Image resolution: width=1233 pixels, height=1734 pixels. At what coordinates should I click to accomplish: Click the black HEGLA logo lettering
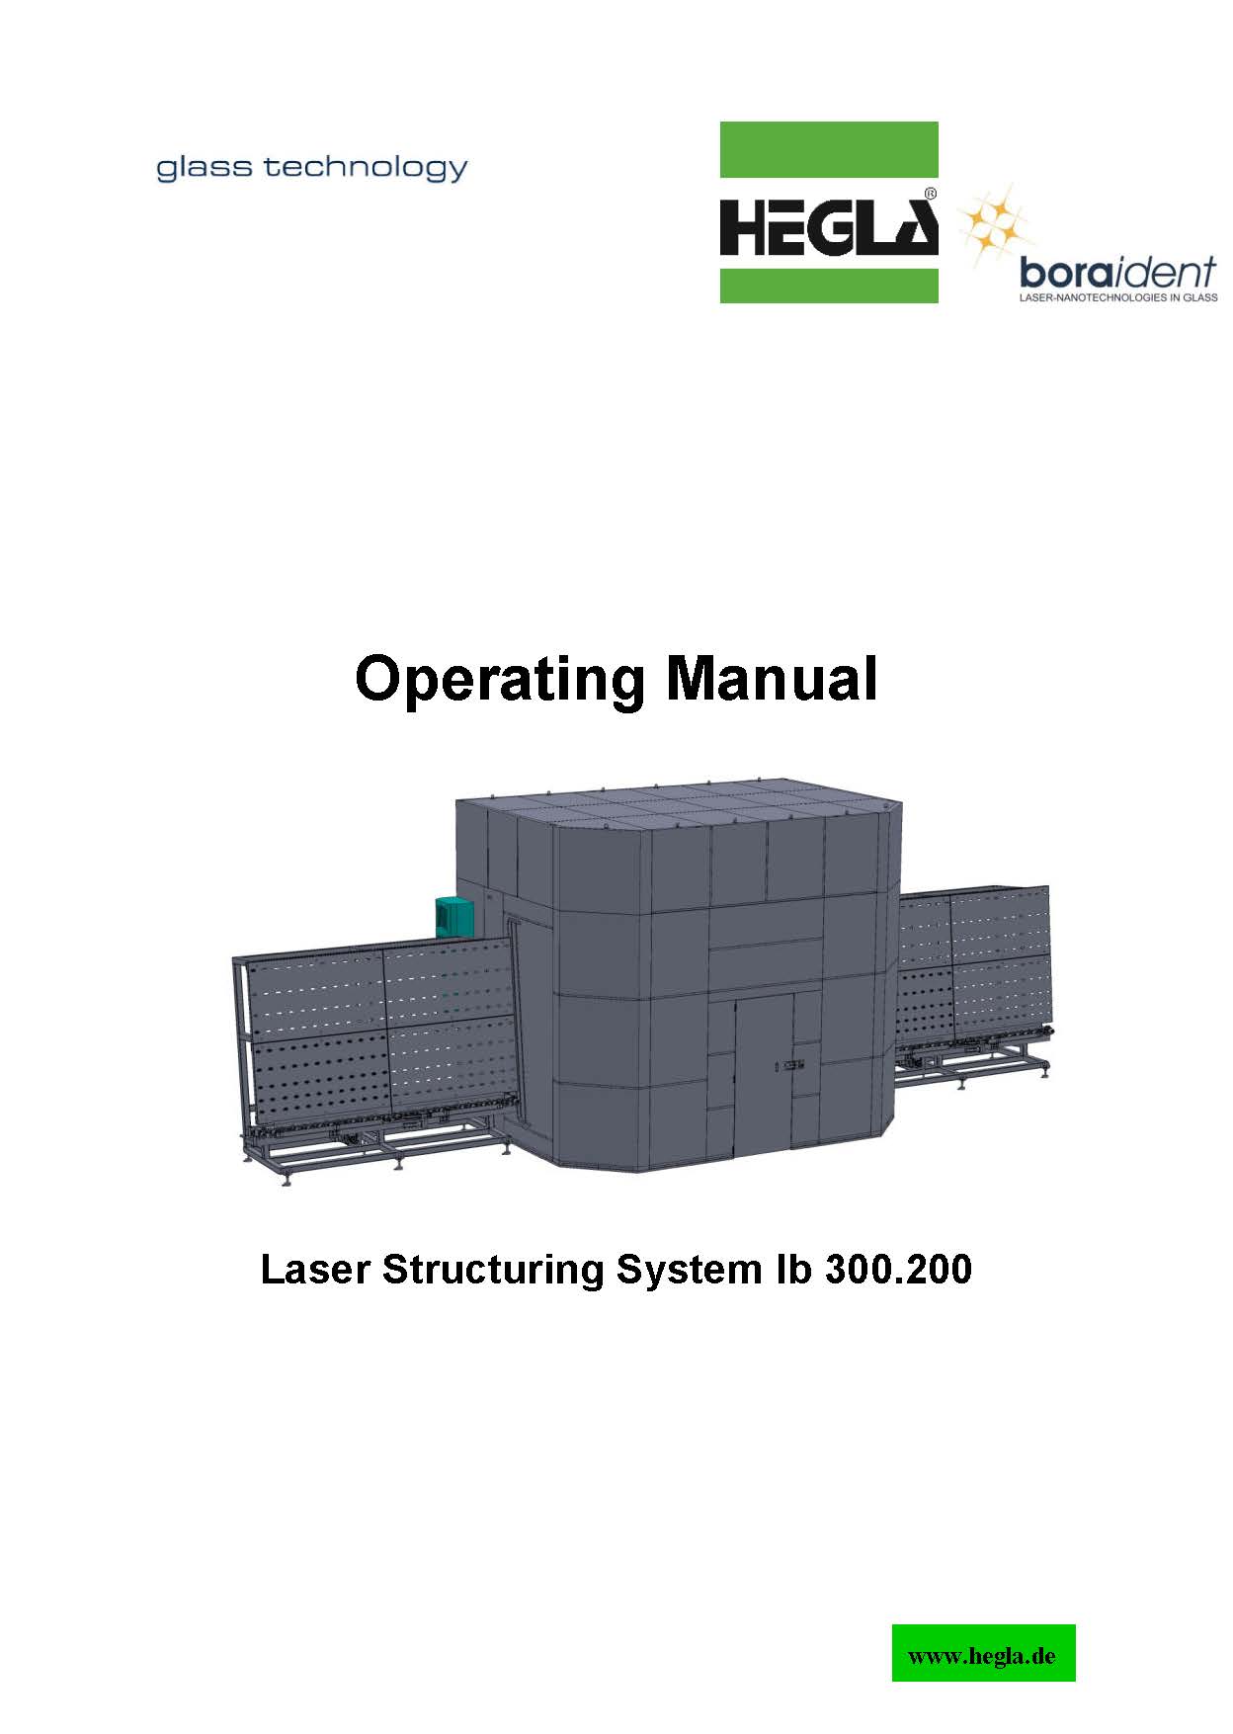pyautogui.click(x=828, y=226)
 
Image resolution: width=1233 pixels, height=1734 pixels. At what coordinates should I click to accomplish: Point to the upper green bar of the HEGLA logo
pyautogui.click(x=828, y=149)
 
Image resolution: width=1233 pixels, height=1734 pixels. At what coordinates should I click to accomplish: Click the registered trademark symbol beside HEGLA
pyautogui.click(x=930, y=195)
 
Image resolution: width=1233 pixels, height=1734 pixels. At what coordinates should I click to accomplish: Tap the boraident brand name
pyautogui.click(x=1116, y=273)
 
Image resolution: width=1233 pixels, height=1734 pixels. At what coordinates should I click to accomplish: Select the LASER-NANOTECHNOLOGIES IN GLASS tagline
pyautogui.click(x=1117, y=296)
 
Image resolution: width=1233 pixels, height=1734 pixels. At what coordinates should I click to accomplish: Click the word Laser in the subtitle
pyautogui.click(x=315, y=1270)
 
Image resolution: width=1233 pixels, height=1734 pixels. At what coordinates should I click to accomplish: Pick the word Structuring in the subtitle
pyautogui.click(x=493, y=1270)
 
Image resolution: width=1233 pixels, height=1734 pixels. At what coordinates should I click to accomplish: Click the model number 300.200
pyautogui.click(x=898, y=1270)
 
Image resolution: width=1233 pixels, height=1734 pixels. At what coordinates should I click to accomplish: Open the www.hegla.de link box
pyautogui.click(x=982, y=1653)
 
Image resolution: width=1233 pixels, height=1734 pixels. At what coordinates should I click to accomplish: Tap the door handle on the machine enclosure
pyautogui.click(x=792, y=1064)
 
